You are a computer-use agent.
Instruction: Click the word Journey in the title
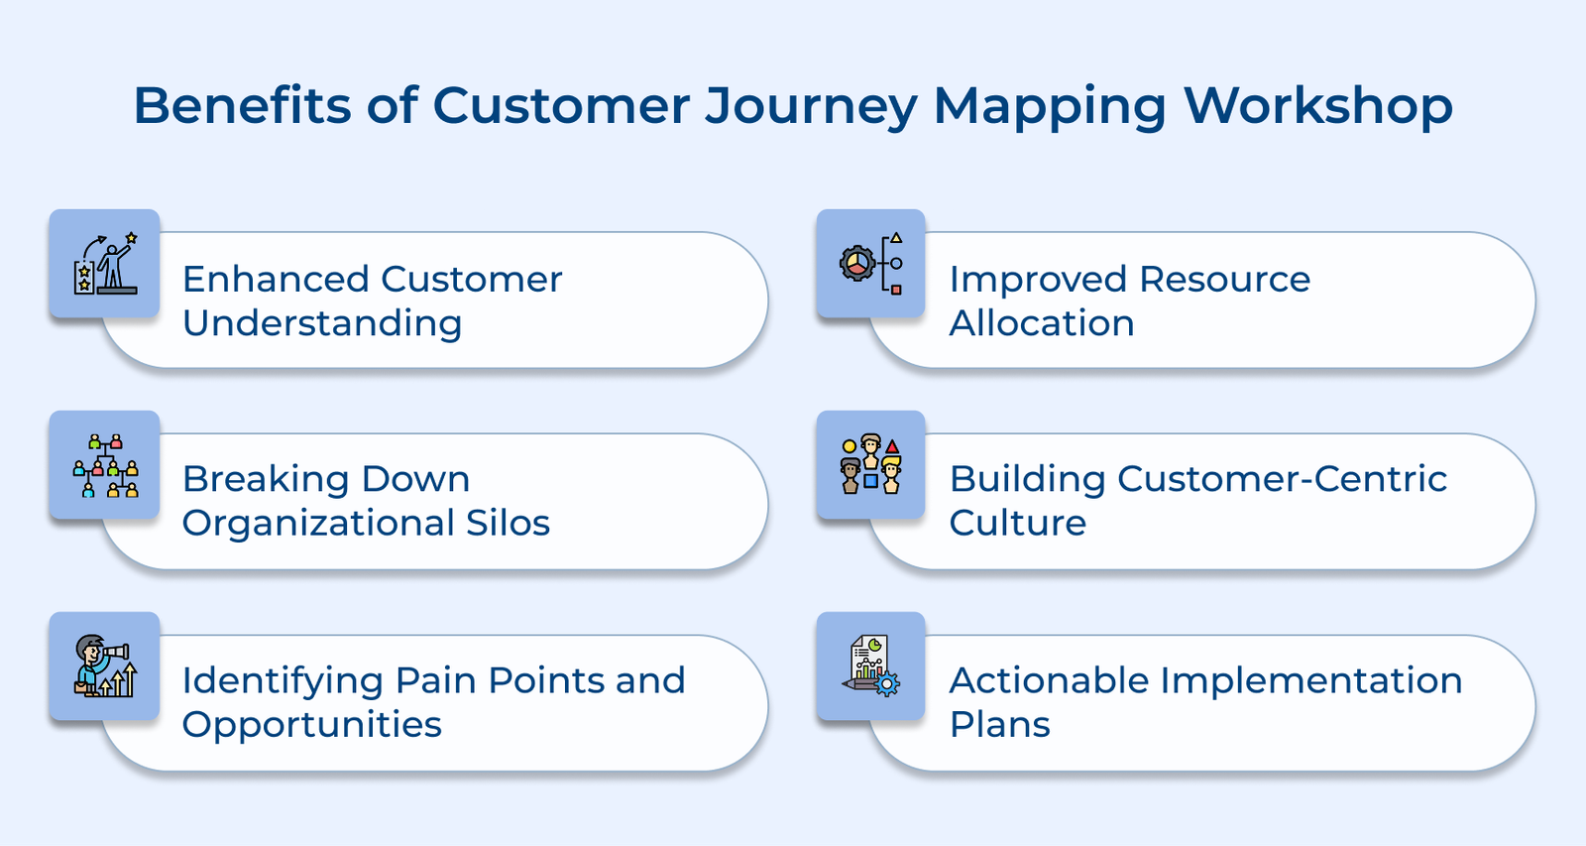tap(811, 105)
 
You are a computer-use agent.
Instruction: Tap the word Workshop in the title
tap(1318, 105)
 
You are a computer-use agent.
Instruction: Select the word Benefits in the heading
tap(242, 105)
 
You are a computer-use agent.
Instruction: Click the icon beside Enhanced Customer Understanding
tap(105, 264)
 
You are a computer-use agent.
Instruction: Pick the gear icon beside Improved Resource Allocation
tap(871, 264)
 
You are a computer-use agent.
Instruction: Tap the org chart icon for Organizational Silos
tap(105, 465)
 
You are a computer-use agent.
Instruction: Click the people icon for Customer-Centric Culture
tap(871, 465)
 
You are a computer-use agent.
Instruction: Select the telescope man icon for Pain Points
tap(105, 665)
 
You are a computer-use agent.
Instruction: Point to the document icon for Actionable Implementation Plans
tap(871, 665)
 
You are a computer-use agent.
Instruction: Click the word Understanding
tap(322, 324)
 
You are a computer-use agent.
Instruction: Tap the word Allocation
tap(1042, 324)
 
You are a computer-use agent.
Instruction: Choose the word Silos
tap(508, 523)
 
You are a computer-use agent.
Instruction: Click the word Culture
tap(1018, 523)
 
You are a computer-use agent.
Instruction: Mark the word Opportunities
tap(312, 725)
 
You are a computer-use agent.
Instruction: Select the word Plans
tap(999, 725)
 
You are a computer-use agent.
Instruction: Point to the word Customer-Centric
tap(1282, 479)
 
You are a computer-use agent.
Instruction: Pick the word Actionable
tap(1049, 681)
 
